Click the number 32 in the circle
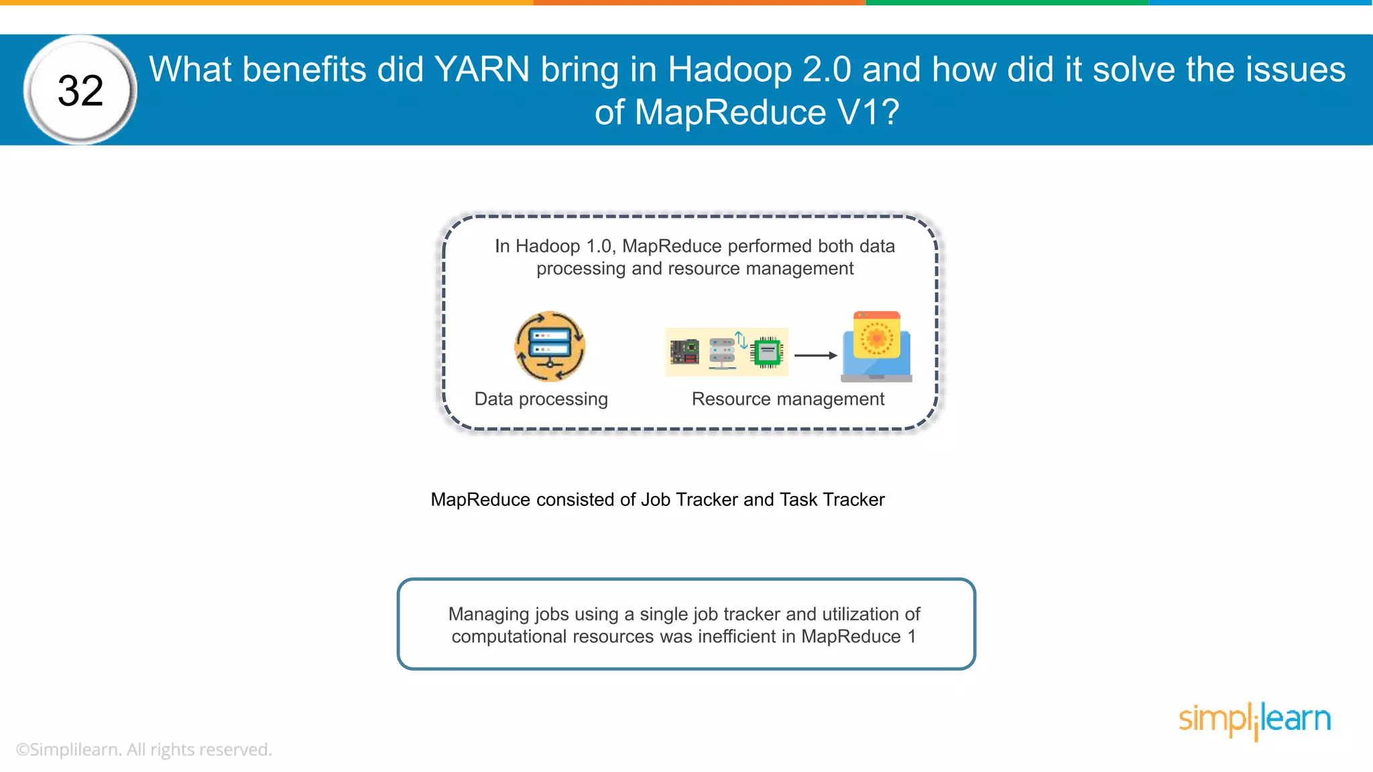pos(80,90)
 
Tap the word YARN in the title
pos(481,70)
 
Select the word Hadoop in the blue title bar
pos(729,70)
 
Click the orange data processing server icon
pos(550,346)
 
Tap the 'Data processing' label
pos(541,399)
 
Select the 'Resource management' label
pos(788,399)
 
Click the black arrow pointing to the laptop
pos(815,355)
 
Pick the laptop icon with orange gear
pos(876,346)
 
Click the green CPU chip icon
pos(768,352)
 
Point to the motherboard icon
pos(684,352)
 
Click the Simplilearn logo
pos(1254,720)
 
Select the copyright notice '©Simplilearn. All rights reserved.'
pos(144,750)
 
